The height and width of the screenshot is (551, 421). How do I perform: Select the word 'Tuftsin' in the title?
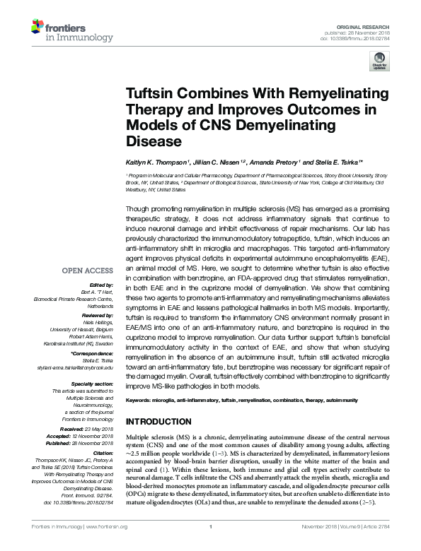coord(151,94)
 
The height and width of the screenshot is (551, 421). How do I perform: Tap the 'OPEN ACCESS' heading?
coord(87,270)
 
